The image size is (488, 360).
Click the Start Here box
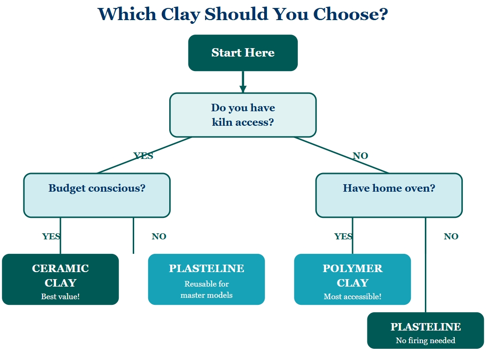click(243, 53)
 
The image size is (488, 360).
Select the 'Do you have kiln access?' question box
click(243, 115)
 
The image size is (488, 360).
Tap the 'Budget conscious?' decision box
click(97, 195)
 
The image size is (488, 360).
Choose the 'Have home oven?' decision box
click(389, 195)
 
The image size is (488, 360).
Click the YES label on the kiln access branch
click(143, 156)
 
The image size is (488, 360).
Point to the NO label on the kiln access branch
click(360, 156)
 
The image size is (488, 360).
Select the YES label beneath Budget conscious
click(51, 237)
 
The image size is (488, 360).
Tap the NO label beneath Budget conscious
click(159, 237)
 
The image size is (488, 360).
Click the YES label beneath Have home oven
click(343, 237)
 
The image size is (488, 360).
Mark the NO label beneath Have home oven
click(451, 237)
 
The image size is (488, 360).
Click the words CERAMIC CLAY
click(60, 275)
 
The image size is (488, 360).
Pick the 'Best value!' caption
click(60, 296)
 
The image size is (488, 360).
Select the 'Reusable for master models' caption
click(207, 289)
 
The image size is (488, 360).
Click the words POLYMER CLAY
click(352, 275)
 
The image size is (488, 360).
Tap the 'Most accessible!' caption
click(352, 296)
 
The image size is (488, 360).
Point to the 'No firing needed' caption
click(425, 340)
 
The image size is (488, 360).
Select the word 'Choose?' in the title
click(350, 14)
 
